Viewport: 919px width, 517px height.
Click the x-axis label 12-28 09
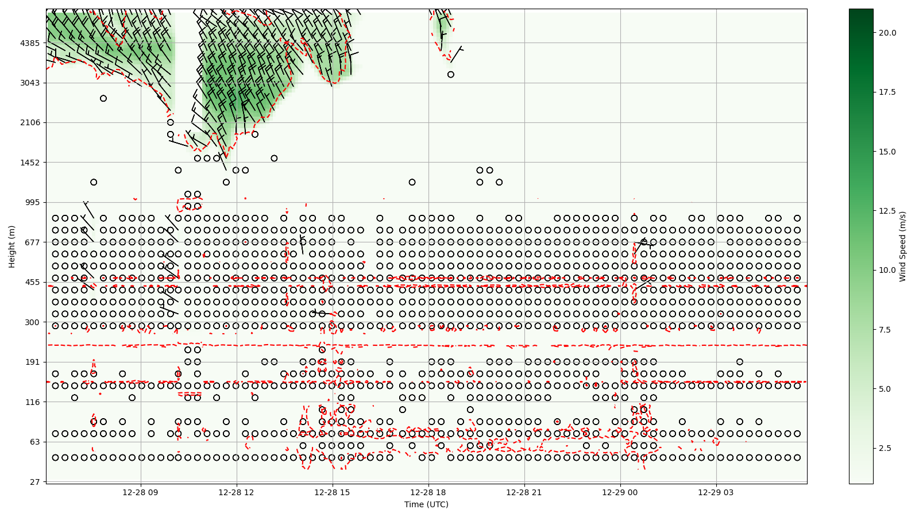[141, 492]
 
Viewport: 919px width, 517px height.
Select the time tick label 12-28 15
[333, 492]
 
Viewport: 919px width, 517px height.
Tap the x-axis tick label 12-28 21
[524, 492]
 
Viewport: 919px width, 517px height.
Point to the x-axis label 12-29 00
[620, 492]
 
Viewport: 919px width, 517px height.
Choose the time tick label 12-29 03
[716, 492]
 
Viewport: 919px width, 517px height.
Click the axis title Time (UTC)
[426, 504]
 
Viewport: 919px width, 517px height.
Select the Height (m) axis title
[12, 246]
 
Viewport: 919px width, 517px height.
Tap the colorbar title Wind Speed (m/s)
[902, 246]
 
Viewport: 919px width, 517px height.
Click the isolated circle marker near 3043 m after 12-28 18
[451, 75]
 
